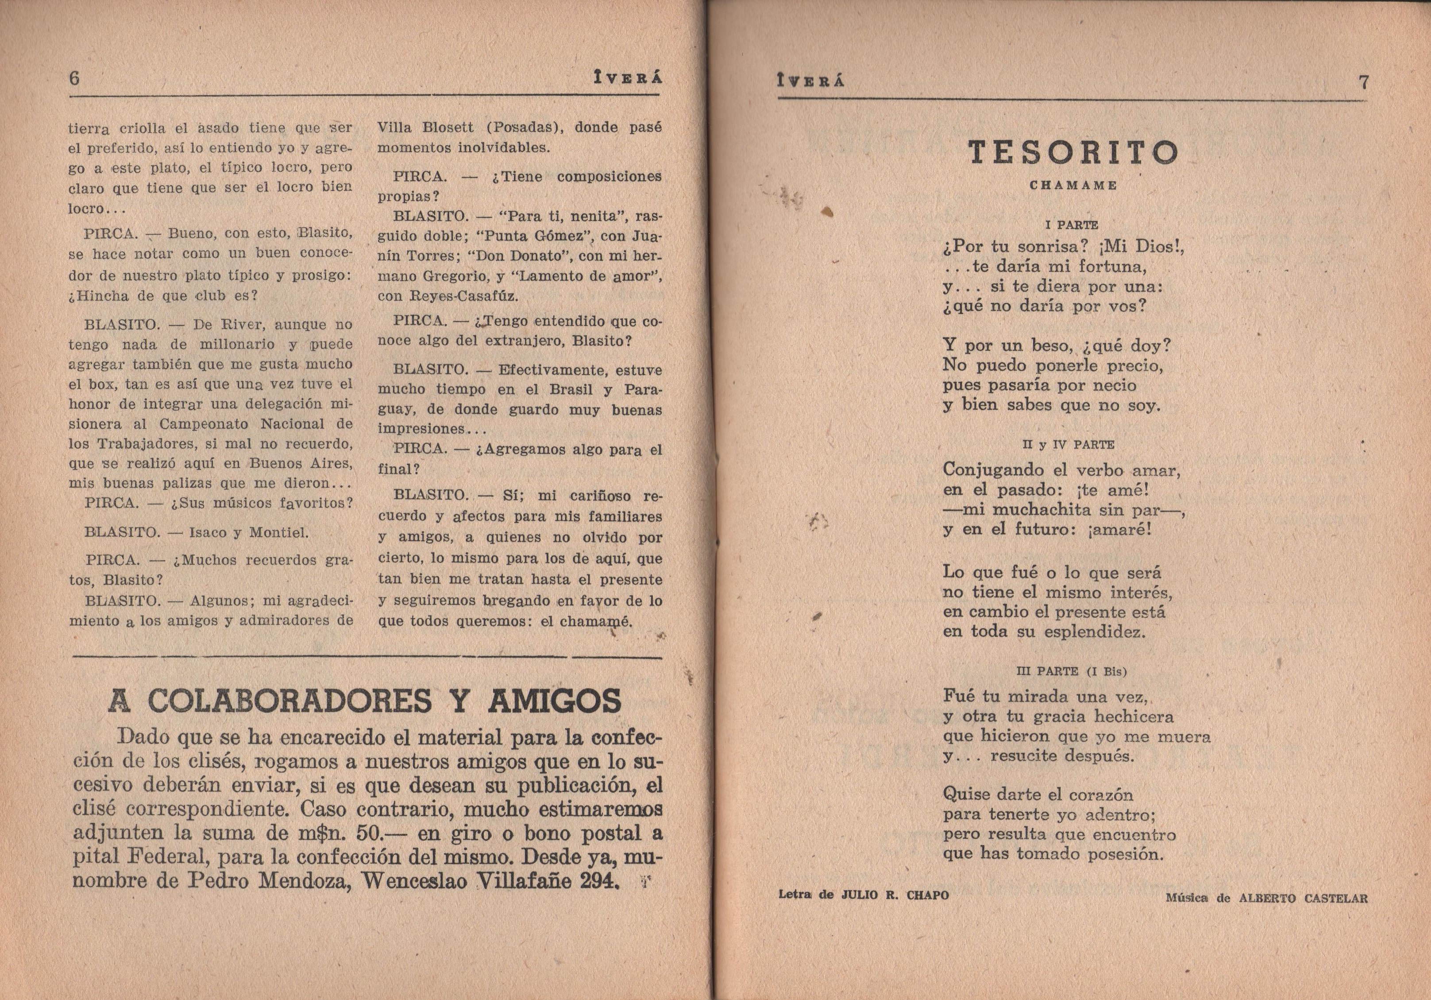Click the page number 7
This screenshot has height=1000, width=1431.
(x=1363, y=82)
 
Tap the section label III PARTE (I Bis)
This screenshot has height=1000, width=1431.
(x=1071, y=671)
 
